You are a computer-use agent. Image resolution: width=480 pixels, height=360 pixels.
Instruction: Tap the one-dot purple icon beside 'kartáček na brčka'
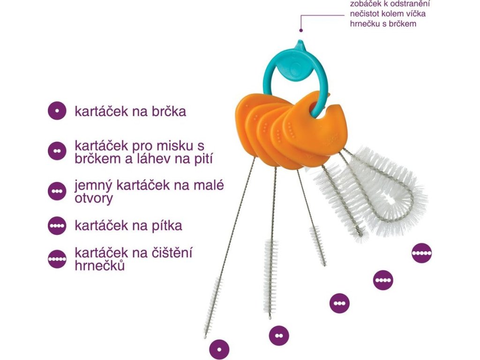click(x=57, y=112)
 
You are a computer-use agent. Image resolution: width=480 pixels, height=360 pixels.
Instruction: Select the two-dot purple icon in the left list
click(x=57, y=151)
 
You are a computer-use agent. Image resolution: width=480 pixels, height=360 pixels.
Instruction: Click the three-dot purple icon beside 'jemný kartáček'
click(x=57, y=191)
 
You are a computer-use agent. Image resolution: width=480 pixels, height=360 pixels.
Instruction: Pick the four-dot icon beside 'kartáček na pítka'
click(x=57, y=226)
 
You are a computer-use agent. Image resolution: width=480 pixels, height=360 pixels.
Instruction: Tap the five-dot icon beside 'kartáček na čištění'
click(x=57, y=259)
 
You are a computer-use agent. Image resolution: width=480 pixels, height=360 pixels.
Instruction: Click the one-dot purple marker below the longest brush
click(x=219, y=349)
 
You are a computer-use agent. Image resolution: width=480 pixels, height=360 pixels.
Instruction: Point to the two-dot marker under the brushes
click(x=278, y=336)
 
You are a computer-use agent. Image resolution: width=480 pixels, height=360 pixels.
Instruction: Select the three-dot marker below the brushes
click(x=339, y=303)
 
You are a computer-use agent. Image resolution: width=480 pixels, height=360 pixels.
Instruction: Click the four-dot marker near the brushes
click(x=383, y=280)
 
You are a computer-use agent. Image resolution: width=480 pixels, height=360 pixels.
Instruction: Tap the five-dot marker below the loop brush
click(x=421, y=253)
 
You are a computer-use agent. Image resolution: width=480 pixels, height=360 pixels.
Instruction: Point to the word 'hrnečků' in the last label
click(x=100, y=266)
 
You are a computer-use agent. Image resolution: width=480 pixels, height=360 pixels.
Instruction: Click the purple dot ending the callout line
click(x=301, y=30)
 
